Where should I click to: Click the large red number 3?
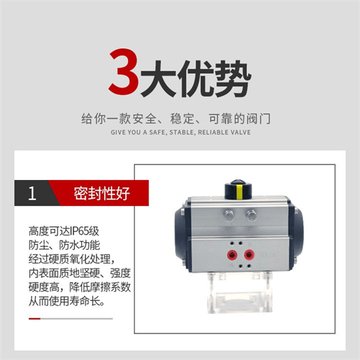tap(124, 71)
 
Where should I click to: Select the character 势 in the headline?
tap(233, 78)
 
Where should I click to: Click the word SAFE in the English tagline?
tap(158, 132)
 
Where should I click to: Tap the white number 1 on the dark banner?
tap(32, 194)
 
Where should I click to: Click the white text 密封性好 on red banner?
tap(102, 193)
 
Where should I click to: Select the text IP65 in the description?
tap(78, 231)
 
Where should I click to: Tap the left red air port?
tap(232, 255)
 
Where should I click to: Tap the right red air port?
tap(249, 254)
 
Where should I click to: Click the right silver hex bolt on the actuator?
tap(251, 215)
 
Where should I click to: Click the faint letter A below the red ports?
tap(232, 265)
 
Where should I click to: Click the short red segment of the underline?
tap(35, 318)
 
